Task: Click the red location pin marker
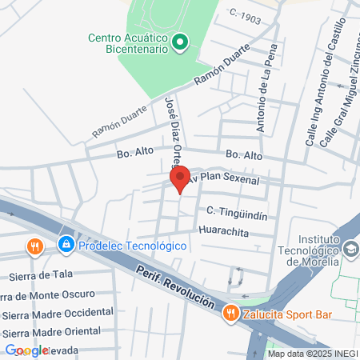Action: pyautogui.click(x=179, y=178)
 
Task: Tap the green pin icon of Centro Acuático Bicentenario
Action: pyautogui.click(x=181, y=42)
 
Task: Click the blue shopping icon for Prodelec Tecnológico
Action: pyautogui.click(x=66, y=245)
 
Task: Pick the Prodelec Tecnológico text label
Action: pyautogui.click(x=132, y=245)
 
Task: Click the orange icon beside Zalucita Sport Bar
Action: pyautogui.click(x=231, y=314)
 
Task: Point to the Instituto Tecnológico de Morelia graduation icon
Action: pyautogui.click(x=350, y=250)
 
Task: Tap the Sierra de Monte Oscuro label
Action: pyautogui.click(x=48, y=294)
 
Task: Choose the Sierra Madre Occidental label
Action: pyautogui.click(x=58, y=312)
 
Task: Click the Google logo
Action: pyautogui.click(x=27, y=350)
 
